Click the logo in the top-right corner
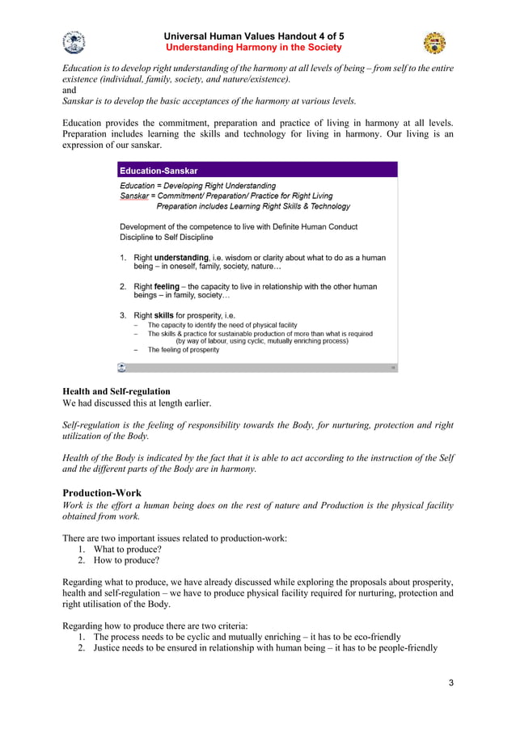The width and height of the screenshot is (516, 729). pyautogui.click(x=434, y=42)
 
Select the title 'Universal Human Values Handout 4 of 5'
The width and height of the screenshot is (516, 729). pyautogui.click(x=253, y=36)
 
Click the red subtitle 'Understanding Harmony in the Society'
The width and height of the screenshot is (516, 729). pyautogui.click(x=253, y=48)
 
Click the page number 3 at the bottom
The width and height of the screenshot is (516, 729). pyautogui.click(x=451, y=684)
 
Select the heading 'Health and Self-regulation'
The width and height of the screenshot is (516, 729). pyautogui.click(x=116, y=392)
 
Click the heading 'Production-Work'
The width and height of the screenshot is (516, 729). pyautogui.click(x=102, y=492)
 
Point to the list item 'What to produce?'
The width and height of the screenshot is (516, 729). pyautogui.click(x=127, y=549)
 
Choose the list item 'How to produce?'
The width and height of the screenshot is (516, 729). pyautogui.click(x=126, y=560)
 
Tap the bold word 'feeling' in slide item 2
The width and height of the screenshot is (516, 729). pyautogui.click(x=167, y=287)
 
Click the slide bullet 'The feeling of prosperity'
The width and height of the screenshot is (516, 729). pyautogui.click(x=183, y=350)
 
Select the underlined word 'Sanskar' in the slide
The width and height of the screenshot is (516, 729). pyautogui.click(x=135, y=196)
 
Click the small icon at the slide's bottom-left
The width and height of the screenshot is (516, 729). pyautogui.click(x=121, y=367)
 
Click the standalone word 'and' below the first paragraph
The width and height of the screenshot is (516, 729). pyautogui.click(x=70, y=91)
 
